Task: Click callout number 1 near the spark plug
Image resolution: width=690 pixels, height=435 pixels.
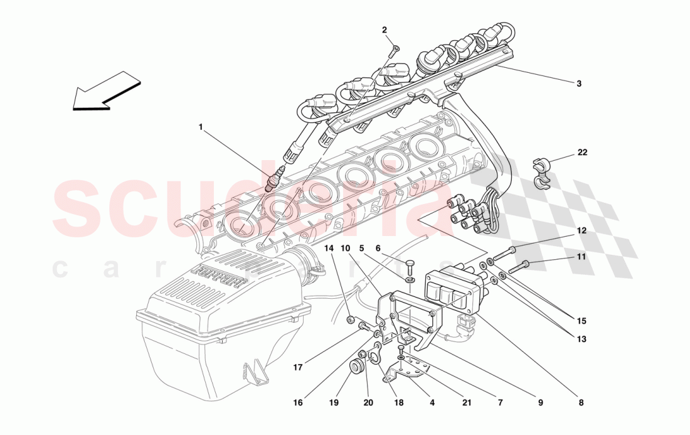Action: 201,127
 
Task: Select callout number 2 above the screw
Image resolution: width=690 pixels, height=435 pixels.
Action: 385,30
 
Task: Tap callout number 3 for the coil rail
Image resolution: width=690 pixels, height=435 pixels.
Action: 579,83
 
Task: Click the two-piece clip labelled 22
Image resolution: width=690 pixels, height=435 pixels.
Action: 541,173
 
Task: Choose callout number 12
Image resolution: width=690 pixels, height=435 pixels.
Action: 581,230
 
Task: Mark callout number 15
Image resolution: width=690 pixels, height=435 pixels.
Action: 581,321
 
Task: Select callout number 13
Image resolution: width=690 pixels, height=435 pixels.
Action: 581,340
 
